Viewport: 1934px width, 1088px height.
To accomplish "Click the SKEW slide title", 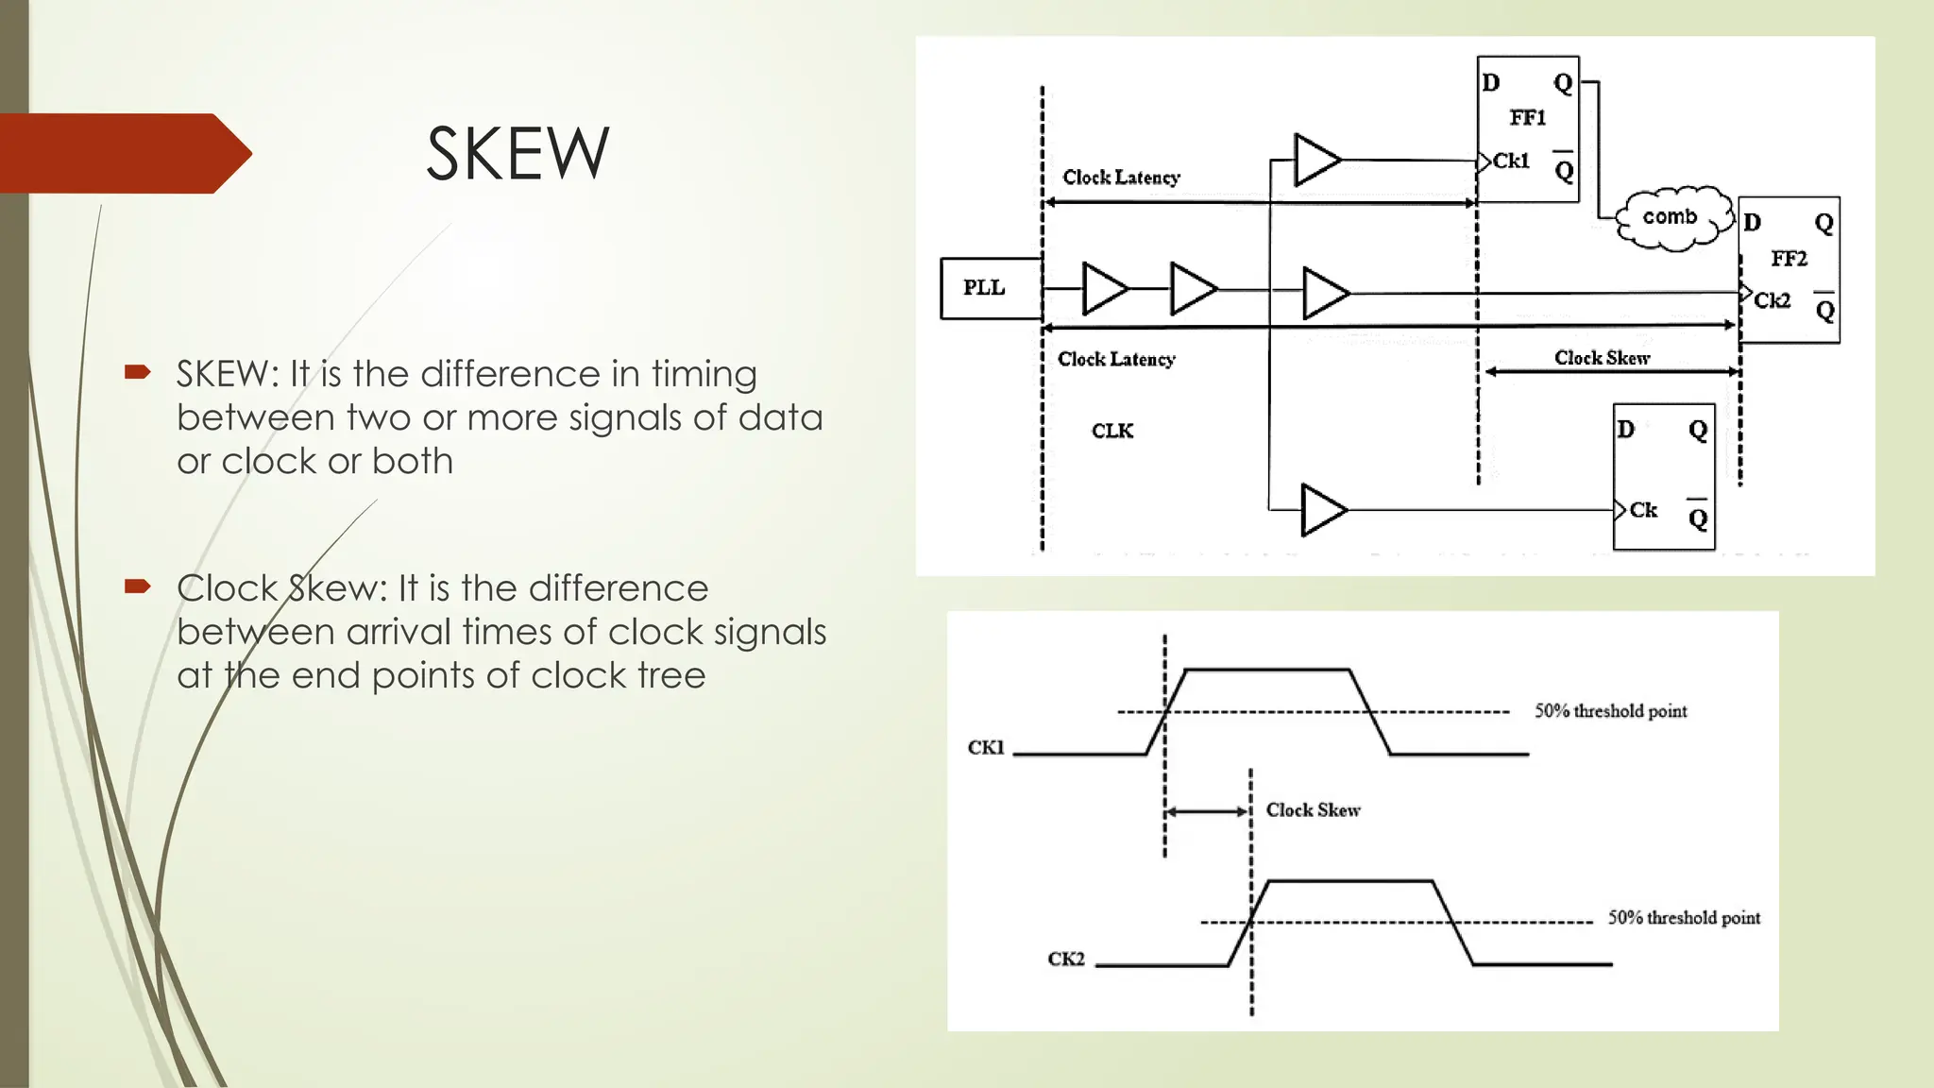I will coord(517,154).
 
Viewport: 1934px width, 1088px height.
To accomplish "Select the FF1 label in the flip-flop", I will coord(1527,118).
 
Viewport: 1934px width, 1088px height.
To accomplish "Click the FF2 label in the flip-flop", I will coord(1789,259).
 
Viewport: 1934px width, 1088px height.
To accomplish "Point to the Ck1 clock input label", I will coord(1511,161).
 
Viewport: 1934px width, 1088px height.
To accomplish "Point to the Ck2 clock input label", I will coord(1773,300).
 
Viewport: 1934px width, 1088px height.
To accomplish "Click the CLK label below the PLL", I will coord(1112,432).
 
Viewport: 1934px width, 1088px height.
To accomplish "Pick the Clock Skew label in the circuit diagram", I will coord(1602,358).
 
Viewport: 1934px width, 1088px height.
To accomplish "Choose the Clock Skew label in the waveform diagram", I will coord(1313,810).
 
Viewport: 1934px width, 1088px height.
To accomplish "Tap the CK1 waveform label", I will coord(986,748).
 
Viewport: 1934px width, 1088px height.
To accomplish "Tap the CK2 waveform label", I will coord(1066,960).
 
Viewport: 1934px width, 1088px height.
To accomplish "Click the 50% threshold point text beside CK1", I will coord(1610,711).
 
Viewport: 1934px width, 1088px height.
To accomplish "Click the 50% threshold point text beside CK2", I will coord(1684,918).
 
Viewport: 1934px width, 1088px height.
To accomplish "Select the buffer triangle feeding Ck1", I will coord(1315,161).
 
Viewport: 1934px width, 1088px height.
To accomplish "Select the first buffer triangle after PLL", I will coord(1103,288).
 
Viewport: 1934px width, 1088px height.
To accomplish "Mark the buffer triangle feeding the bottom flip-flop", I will coord(1321,510).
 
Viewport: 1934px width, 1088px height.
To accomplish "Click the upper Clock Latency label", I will coord(1121,178).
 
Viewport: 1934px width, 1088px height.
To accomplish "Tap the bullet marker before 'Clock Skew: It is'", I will coord(138,587).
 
